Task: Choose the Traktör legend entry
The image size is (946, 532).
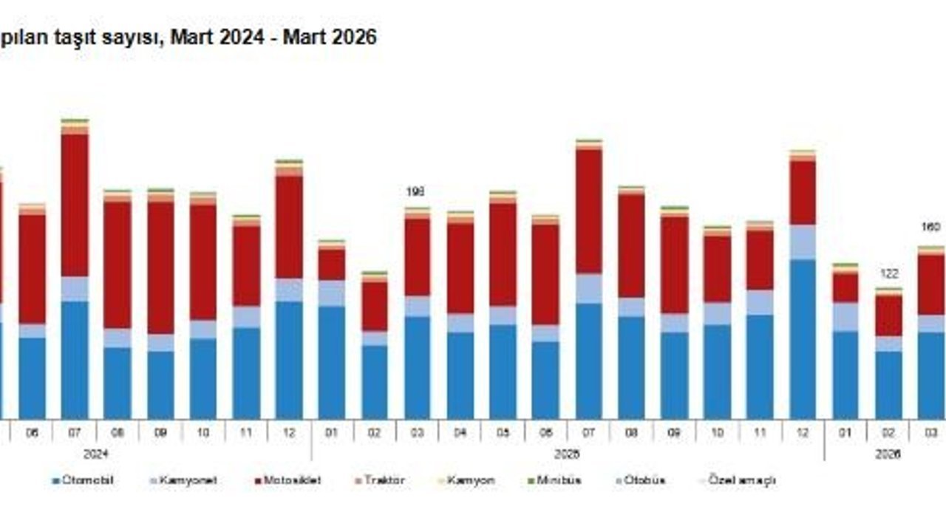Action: click(384, 480)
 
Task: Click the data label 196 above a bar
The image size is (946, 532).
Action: click(416, 192)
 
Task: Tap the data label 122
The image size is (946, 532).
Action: click(888, 273)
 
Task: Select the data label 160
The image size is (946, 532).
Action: click(931, 227)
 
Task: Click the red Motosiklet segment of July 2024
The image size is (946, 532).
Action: click(75, 205)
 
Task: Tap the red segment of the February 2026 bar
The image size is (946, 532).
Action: click(888, 316)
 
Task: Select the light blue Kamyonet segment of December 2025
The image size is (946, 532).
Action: click(803, 242)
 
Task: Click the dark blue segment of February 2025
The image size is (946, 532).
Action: click(374, 381)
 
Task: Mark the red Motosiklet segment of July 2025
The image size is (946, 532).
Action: click(588, 211)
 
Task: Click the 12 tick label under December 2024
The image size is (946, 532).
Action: click(289, 433)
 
